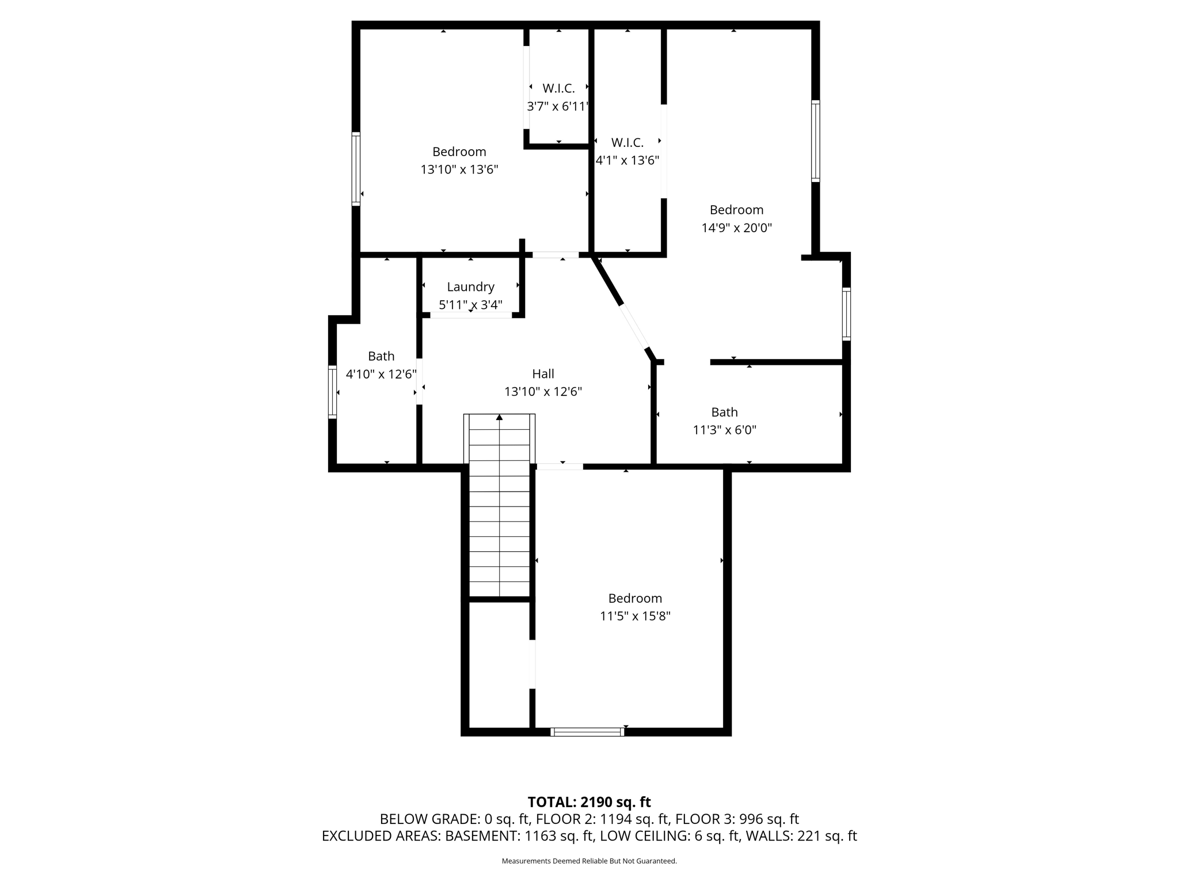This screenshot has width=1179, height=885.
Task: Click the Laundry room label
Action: [470, 287]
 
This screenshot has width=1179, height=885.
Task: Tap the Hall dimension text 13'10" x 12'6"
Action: [543, 392]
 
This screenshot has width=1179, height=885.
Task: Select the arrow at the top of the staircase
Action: [499, 417]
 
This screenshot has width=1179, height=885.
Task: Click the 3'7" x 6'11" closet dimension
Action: [558, 107]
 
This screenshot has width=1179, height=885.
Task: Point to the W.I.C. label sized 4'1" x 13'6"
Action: [627, 142]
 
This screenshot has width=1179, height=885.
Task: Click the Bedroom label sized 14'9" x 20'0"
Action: [736, 210]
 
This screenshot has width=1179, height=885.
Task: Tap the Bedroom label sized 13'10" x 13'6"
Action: [459, 152]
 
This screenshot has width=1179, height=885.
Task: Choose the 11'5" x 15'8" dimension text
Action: [635, 616]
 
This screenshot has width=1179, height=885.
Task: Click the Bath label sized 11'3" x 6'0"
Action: [724, 412]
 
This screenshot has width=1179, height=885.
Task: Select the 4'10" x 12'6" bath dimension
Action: [381, 374]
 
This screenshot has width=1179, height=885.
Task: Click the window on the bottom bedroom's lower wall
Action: [587, 732]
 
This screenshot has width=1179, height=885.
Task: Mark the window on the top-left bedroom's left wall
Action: [356, 169]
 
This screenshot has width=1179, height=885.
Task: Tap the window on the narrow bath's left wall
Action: [332, 391]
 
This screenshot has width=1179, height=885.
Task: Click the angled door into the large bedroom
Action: [634, 327]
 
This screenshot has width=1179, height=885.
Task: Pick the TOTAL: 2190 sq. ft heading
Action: [589, 802]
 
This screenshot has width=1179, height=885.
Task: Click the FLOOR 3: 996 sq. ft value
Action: [737, 819]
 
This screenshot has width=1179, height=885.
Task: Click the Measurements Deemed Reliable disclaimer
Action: [589, 861]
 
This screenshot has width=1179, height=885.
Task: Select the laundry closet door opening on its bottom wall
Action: [471, 315]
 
